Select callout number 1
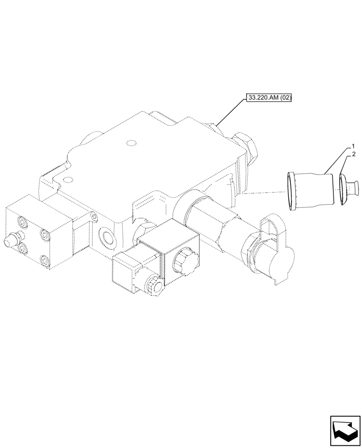pos(353,146)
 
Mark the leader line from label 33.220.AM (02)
pos(231,113)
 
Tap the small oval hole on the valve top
pos(131,143)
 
